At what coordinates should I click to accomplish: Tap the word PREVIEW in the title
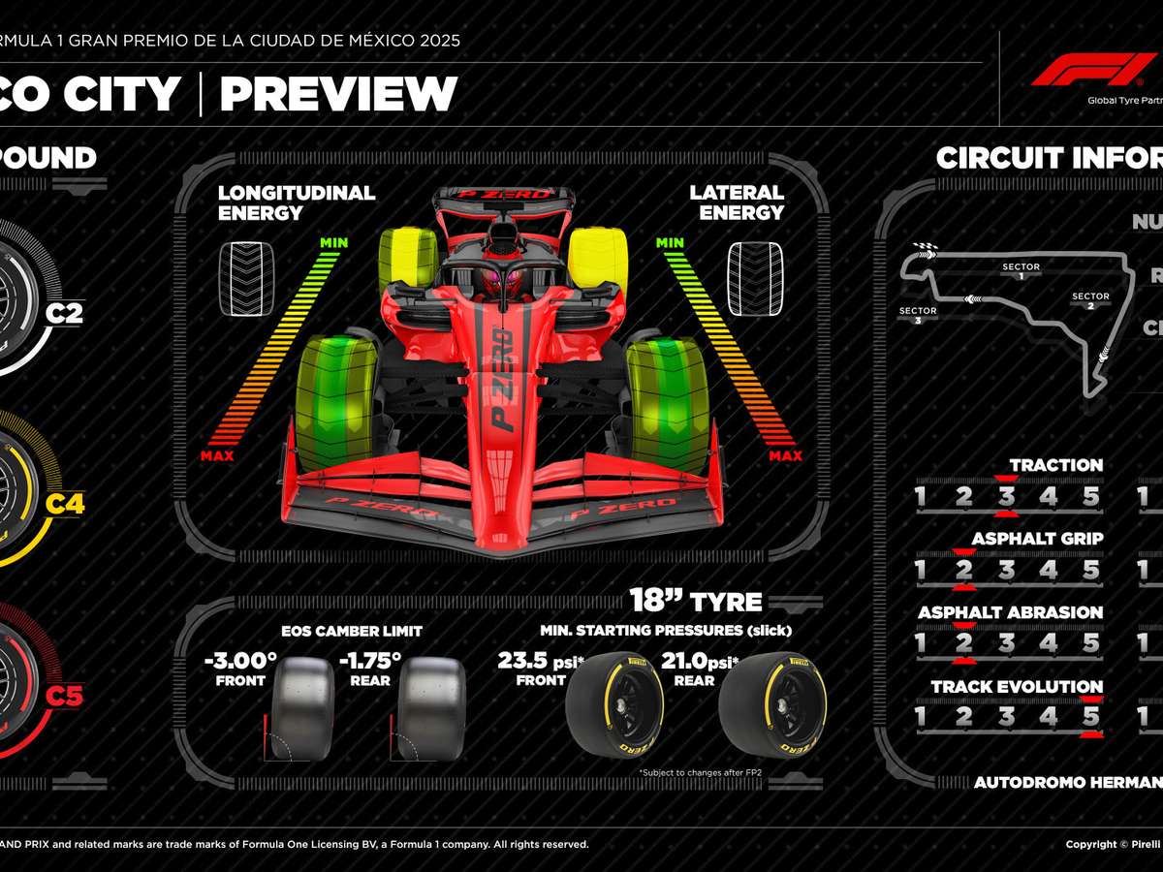click(x=338, y=94)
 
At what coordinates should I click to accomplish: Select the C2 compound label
click(x=65, y=314)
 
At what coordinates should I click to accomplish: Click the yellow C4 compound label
click(x=65, y=504)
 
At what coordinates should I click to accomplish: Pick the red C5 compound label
click(x=65, y=695)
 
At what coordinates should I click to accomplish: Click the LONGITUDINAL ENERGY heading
click(x=296, y=202)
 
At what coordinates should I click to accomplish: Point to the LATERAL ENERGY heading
click(x=737, y=202)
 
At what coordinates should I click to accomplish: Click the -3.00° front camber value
click(x=240, y=661)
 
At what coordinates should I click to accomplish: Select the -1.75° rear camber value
click(x=369, y=661)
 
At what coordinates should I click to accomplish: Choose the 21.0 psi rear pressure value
click(x=696, y=661)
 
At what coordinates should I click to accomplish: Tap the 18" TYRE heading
click(x=695, y=601)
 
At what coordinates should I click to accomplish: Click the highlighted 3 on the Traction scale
click(x=1007, y=497)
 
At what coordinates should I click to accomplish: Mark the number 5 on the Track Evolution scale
click(x=1091, y=717)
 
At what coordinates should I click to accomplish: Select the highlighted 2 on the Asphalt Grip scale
click(x=963, y=570)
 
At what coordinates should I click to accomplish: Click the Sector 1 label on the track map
click(x=1021, y=271)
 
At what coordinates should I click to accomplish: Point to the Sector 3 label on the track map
click(x=917, y=316)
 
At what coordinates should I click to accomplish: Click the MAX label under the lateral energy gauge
click(x=785, y=455)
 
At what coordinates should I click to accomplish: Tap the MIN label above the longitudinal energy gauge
click(x=333, y=242)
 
